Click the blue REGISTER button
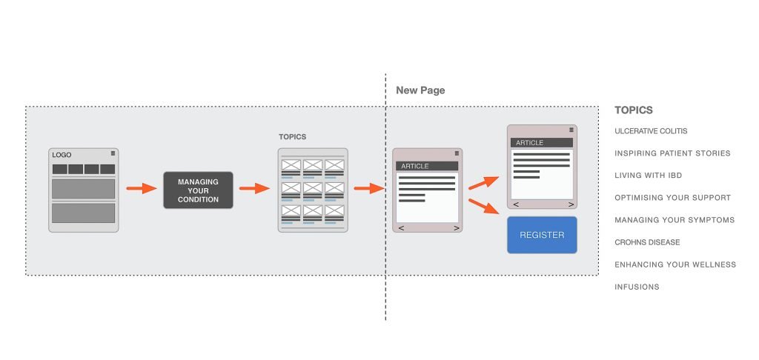pos(542,235)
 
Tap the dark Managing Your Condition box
pos(198,190)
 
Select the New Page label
pos(420,90)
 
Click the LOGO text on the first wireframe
pos(62,155)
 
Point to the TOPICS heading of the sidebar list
pos(634,110)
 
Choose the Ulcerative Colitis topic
pos(651,131)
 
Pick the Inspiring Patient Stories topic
pos(672,153)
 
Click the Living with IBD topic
pos(648,176)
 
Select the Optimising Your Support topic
pos(672,198)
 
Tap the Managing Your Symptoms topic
pos(675,220)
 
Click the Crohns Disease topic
pos(647,242)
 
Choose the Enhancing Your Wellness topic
pos(675,264)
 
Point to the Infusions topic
pos(637,287)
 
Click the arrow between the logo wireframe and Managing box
pos(141,189)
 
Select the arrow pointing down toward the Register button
pos(484,206)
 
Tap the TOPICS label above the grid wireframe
pos(292,137)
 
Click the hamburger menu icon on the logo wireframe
pos(113,153)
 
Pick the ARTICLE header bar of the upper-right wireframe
pos(541,142)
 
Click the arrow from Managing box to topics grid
pos(254,189)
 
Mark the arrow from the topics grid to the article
pos(368,189)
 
